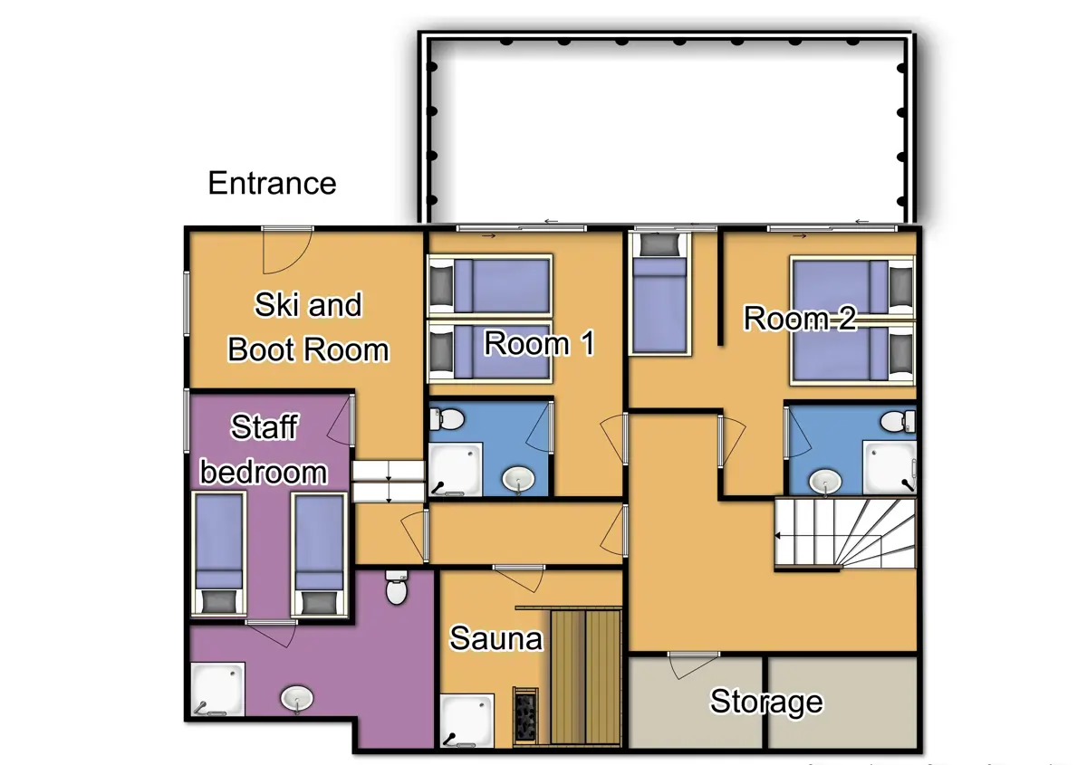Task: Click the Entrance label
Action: pyautogui.click(x=272, y=183)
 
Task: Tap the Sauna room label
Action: pyautogui.click(x=495, y=638)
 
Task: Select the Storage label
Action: pyautogui.click(x=766, y=702)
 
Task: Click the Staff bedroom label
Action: pyautogui.click(x=264, y=449)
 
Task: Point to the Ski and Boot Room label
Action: pyautogui.click(x=308, y=327)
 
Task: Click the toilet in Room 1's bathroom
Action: pyautogui.click(x=447, y=419)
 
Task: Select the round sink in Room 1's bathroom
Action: pyautogui.click(x=519, y=478)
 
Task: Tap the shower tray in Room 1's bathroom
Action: pyautogui.click(x=453, y=469)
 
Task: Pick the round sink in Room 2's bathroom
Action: pyautogui.click(x=825, y=482)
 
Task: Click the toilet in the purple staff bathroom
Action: pyautogui.click(x=397, y=588)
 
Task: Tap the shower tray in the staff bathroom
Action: pyautogui.click(x=217, y=689)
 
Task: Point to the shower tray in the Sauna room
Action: pyautogui.click(x=467, y=720)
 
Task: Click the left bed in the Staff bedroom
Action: pyautogui.click(x=218, y=554)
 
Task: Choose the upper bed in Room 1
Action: pyautogui.click(x=490, y=284)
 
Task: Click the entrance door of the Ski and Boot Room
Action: pyautogui.click(x=287, y=249)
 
